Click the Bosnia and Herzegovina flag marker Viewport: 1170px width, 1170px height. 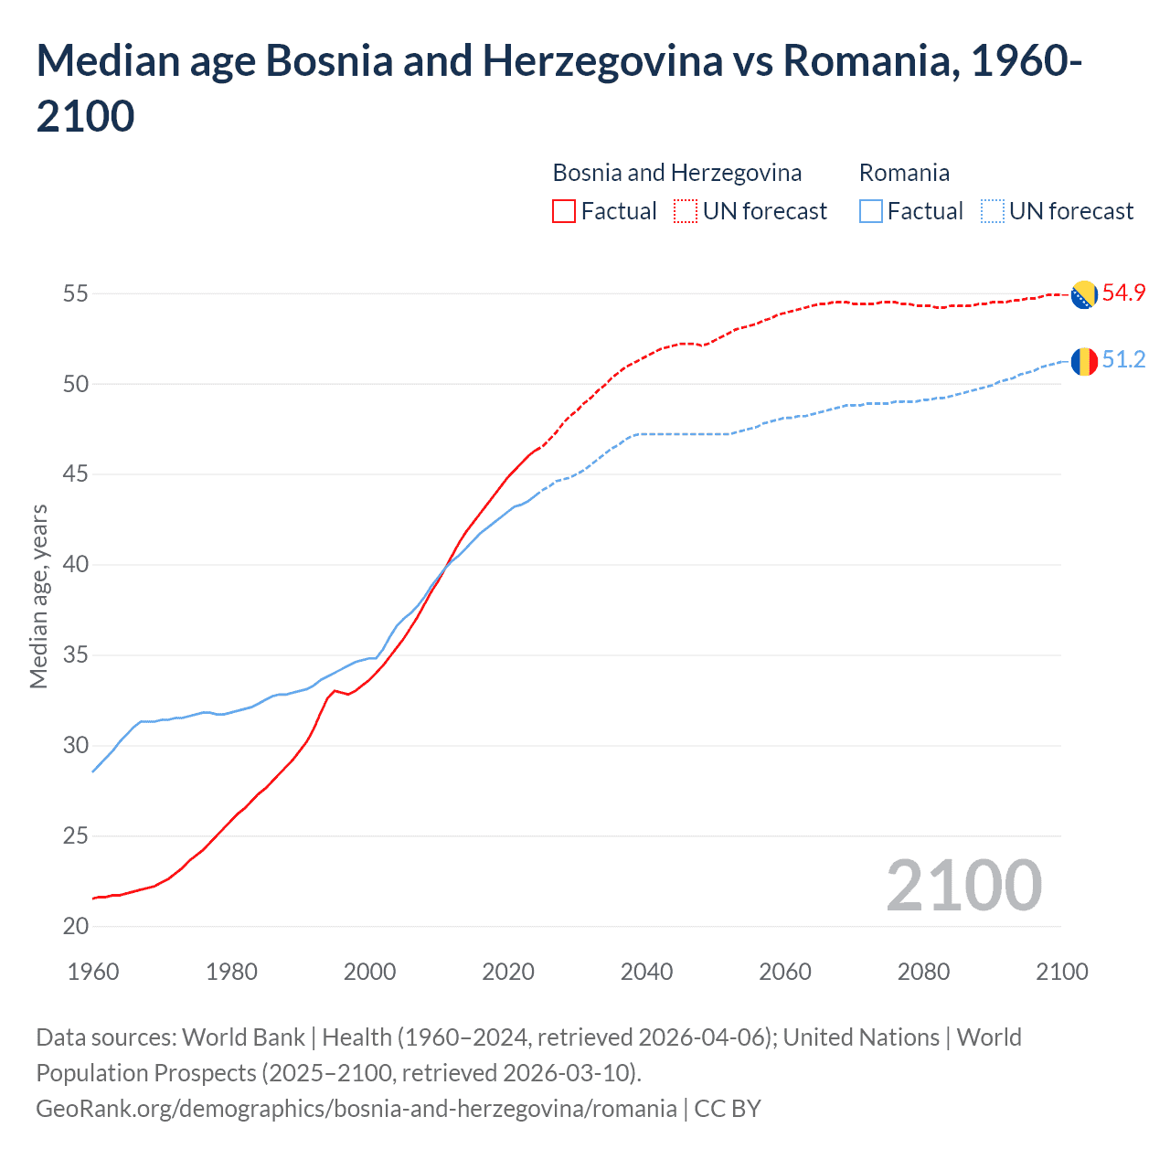(x=1084, y=294)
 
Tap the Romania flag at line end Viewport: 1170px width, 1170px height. (x=1084, y=361)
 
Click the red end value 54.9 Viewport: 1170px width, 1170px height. (x=1123, y=292)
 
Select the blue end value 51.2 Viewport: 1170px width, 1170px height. (x=1123, y=359)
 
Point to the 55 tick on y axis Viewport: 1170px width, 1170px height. (x=76, y=293)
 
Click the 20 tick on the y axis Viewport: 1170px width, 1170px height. (x=76, y=926)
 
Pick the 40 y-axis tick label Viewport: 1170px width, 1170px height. (x=76, y=564)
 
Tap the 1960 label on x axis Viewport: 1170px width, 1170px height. (x=93, y=971)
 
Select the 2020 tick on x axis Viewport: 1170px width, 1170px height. (x=508, y=971)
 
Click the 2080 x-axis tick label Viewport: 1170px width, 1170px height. (x=923, y=971)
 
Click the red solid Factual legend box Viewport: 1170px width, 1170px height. (x=564, y=211)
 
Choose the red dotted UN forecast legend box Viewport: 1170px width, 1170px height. (x=686, y=211)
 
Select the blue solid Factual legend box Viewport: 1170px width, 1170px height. (x=871, y=211)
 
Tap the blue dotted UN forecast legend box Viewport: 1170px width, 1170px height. (x=992, y=211)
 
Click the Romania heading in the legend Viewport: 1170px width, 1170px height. (x=904, y=173)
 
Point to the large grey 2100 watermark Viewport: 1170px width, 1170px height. (x=963, y=885)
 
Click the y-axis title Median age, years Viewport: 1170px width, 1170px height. (x=38, y=595)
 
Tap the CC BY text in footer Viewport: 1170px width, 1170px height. (x=728, y=1108)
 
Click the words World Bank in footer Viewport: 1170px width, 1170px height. (x=243, y=1037)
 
